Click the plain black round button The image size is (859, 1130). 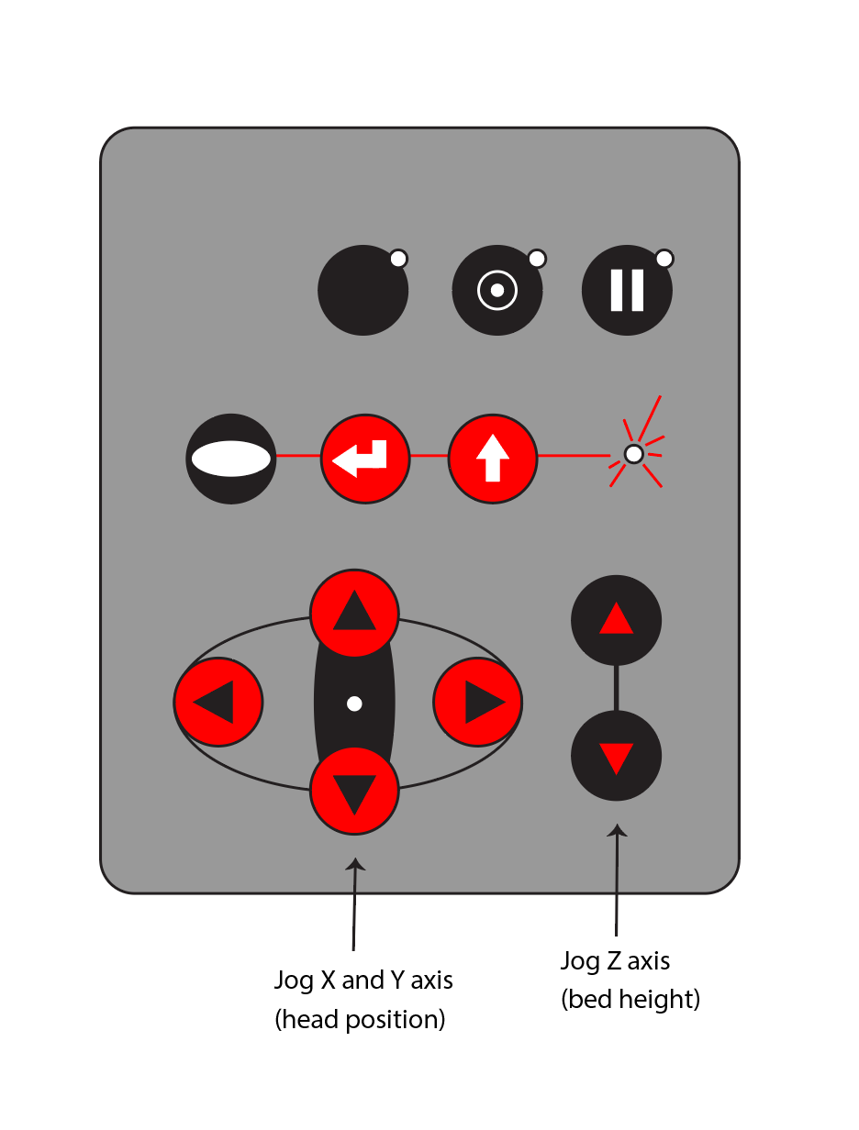click(363, 290)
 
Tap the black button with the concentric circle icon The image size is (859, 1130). click(497, 290)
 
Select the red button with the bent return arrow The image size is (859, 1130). click(365, 459)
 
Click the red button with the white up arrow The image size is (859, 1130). click(493, 459)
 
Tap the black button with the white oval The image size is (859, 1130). click(230, 459)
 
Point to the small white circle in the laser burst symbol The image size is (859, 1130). click(633, 454)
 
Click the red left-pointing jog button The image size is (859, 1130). click(218, 702)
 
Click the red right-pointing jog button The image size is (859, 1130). click(477, 702)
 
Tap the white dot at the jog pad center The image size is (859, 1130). click(354, 703)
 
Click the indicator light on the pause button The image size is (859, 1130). click(664, 259)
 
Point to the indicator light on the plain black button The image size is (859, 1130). click(398, 259)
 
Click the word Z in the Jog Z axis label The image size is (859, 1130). click(613, 961)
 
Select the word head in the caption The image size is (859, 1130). click(308, 1020)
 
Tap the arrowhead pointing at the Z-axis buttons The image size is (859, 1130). click(617, 831)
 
